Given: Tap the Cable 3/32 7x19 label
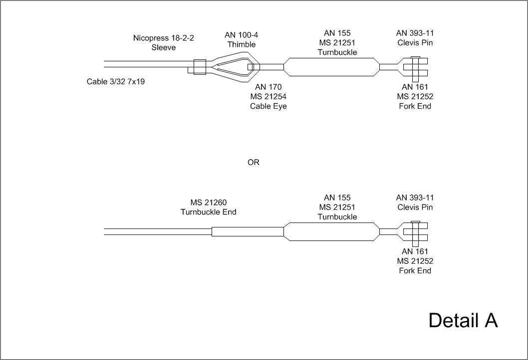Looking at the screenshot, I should (116, 81).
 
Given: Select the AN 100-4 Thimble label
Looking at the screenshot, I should (242, 39).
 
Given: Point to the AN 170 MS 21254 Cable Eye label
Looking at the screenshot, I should (268, 96).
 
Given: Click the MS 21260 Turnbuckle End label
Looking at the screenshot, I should (208, 207).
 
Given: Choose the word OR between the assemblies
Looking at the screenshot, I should (254, 163).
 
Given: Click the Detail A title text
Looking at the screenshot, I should (463, 320).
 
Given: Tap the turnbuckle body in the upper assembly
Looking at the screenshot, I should (331, 67).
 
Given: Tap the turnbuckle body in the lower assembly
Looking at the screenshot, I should (331, 232).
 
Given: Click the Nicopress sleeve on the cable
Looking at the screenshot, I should (199, 67).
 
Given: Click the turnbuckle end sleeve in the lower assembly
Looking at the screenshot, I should (248, 232).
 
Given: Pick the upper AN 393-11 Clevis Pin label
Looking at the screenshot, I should (415, 38).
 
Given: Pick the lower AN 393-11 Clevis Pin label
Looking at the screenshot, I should (415, 202).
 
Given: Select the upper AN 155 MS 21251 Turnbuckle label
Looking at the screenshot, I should (337, 42).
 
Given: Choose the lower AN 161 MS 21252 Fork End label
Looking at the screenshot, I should (415, 261).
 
